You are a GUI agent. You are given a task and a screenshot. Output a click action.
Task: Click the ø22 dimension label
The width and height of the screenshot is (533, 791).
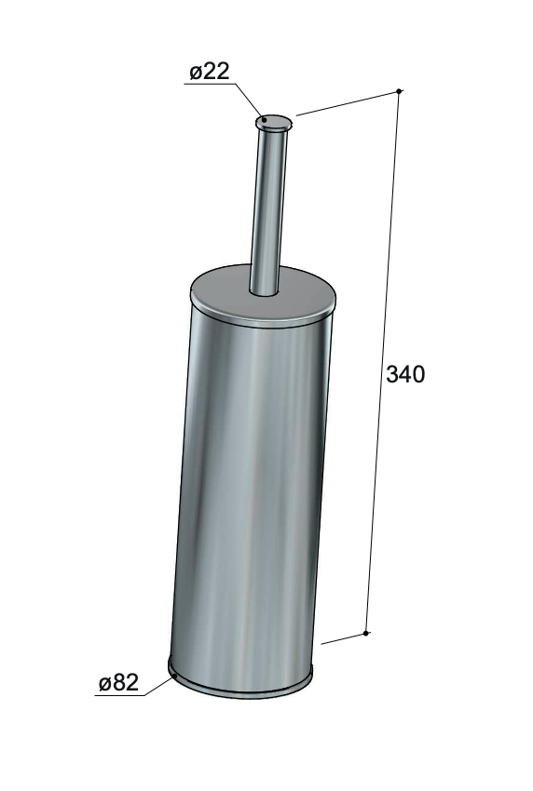click(x=209, y=72)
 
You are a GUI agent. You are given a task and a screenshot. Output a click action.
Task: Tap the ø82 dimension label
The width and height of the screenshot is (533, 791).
click(x=118, y=683)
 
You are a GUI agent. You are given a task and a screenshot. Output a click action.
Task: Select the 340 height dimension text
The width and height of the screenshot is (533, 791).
click(x=405, y=374)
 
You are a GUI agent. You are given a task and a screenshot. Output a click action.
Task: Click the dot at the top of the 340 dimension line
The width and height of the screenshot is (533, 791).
click(x=399, y=91)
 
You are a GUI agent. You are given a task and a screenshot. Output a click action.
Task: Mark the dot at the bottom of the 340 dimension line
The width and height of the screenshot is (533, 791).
click(x=366, y=633)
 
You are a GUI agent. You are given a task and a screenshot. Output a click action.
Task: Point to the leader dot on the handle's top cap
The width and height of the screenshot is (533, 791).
click(x=264, y=120)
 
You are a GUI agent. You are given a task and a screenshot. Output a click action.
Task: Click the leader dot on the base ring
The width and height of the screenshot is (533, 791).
click(x=175, y=676)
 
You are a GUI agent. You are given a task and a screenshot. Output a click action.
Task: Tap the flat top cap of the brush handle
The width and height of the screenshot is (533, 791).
click(x=274, y=122)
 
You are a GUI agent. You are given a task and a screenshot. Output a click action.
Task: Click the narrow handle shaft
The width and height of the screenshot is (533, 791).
click(x=267, y=212)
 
